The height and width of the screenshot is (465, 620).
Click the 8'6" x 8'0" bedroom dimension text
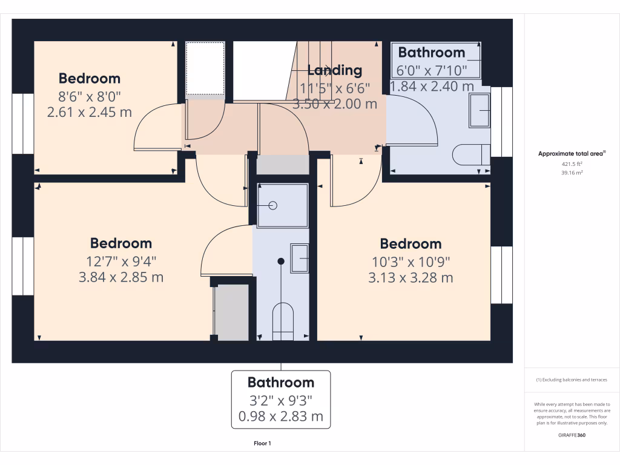pos(89,96)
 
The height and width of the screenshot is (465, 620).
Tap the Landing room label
pos(334,70)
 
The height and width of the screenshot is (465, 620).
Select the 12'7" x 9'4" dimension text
pos(120,261)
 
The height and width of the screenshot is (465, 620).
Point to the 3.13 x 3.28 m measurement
pos(411,278)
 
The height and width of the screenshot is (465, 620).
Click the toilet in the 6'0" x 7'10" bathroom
pos(471,154)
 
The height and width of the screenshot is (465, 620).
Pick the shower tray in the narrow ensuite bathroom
pos(282,205)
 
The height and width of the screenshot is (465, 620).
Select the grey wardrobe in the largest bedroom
pos(232,311)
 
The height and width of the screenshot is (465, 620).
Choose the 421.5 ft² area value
pos(572,164)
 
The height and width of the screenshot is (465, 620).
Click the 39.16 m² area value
pos(572,173)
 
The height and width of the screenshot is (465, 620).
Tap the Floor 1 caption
pos(262,444)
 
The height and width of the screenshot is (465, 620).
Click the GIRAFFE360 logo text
pos(572,435)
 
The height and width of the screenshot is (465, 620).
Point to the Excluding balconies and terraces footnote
pos(572,380)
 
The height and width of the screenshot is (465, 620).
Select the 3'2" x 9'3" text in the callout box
pos(280,400)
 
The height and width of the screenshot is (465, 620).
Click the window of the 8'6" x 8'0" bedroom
pos(23,124)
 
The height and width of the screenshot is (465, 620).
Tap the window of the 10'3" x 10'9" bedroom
pos(501,275)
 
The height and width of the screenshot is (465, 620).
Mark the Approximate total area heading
pos(571,154)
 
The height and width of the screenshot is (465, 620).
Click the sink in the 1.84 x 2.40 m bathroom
pos(481,111)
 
